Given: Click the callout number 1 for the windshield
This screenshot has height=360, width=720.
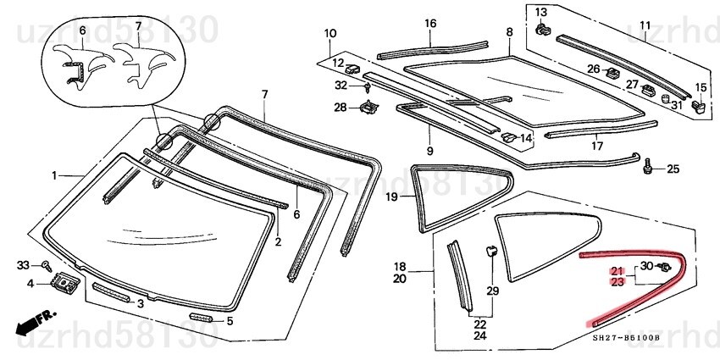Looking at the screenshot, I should [x=54, y=175].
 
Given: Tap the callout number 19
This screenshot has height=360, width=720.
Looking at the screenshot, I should [x=391, y=197].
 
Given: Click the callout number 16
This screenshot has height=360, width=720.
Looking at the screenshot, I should [x=429, y=23].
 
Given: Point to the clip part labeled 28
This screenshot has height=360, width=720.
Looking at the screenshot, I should [x=368, y=108].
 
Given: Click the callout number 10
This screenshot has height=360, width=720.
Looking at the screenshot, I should [x=330, y=34].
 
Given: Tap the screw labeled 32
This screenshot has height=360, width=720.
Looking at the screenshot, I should [x=367, y=86].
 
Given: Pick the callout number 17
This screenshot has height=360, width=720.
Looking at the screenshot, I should [x=596, y=145].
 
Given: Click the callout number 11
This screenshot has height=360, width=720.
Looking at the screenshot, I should [x=645, y=24].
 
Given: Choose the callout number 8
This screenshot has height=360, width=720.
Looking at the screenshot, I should [x=509, y=32].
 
